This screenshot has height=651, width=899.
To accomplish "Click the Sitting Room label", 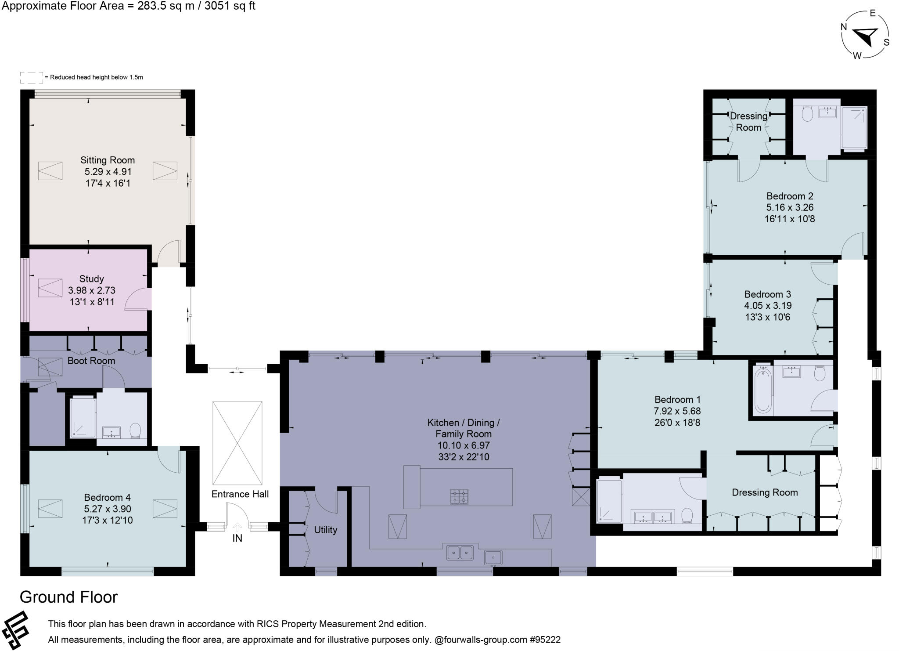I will click(107, 160).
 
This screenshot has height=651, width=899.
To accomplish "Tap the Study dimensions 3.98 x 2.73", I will click(91, 290).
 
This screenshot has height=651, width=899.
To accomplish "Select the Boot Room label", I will click(91, 361).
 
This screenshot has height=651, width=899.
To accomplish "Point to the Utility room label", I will click(325, 530).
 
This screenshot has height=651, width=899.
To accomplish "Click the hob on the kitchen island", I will click(459, 497).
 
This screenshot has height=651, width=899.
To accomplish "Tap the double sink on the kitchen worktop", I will click(460, 553).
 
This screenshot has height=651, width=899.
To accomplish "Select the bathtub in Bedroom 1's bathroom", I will click(763, 390).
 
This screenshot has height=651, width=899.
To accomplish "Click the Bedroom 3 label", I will click(767, 294).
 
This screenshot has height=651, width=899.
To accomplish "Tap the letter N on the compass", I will click(843, 27).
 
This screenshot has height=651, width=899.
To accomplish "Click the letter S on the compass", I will click(886, 42).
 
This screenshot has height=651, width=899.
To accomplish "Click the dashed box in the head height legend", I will click(32, 77).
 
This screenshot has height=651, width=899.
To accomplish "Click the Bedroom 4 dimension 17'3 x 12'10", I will click(107, 521).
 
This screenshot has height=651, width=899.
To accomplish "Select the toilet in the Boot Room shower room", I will click(135, 430).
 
